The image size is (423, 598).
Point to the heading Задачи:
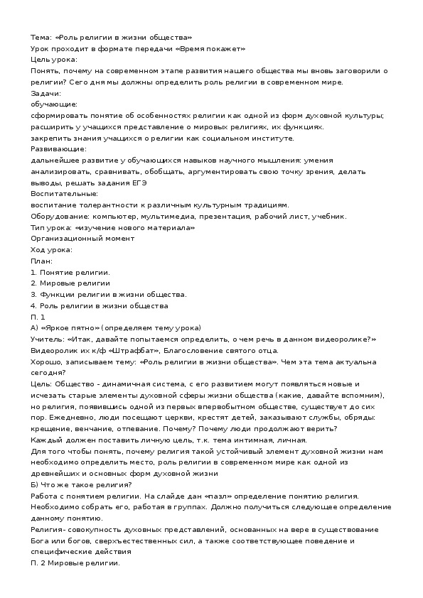point(47,93)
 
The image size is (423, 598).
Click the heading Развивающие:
point(59,148)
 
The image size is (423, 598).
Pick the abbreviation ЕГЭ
point(139,183)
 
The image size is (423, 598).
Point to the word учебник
point(328,216)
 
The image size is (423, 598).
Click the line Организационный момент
point(82,239)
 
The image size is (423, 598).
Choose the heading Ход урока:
point(51,250)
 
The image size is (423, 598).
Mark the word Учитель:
point(48,339)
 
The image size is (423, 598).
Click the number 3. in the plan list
point(34,294)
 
